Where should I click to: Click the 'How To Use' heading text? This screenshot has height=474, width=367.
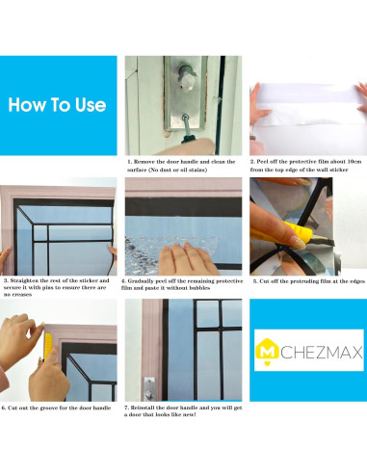pos(57,105)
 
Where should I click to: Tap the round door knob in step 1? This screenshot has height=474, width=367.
pos(187,77)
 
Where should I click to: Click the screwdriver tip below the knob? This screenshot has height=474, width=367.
pos(185,118)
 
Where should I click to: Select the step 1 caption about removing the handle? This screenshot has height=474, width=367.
pos(181,166)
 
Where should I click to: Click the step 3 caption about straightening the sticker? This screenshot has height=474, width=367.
pos(57,287)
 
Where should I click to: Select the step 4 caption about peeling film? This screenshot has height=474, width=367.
pos(182,284)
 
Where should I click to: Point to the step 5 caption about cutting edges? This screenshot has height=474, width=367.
pos(309,281)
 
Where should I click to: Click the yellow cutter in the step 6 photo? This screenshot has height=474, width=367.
pos(47,346)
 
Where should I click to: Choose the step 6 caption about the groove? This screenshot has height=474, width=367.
pos(56,408)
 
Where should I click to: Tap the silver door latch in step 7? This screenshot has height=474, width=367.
pos(149,389)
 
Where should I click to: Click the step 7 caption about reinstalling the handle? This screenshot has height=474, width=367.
pos(183,411)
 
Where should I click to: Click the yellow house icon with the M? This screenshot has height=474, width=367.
pos(267,352)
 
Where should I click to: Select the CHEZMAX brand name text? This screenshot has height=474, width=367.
pos(322,353)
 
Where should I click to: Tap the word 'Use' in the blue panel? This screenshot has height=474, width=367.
pos(91,105)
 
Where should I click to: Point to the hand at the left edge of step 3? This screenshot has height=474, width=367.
pos(5,258)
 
